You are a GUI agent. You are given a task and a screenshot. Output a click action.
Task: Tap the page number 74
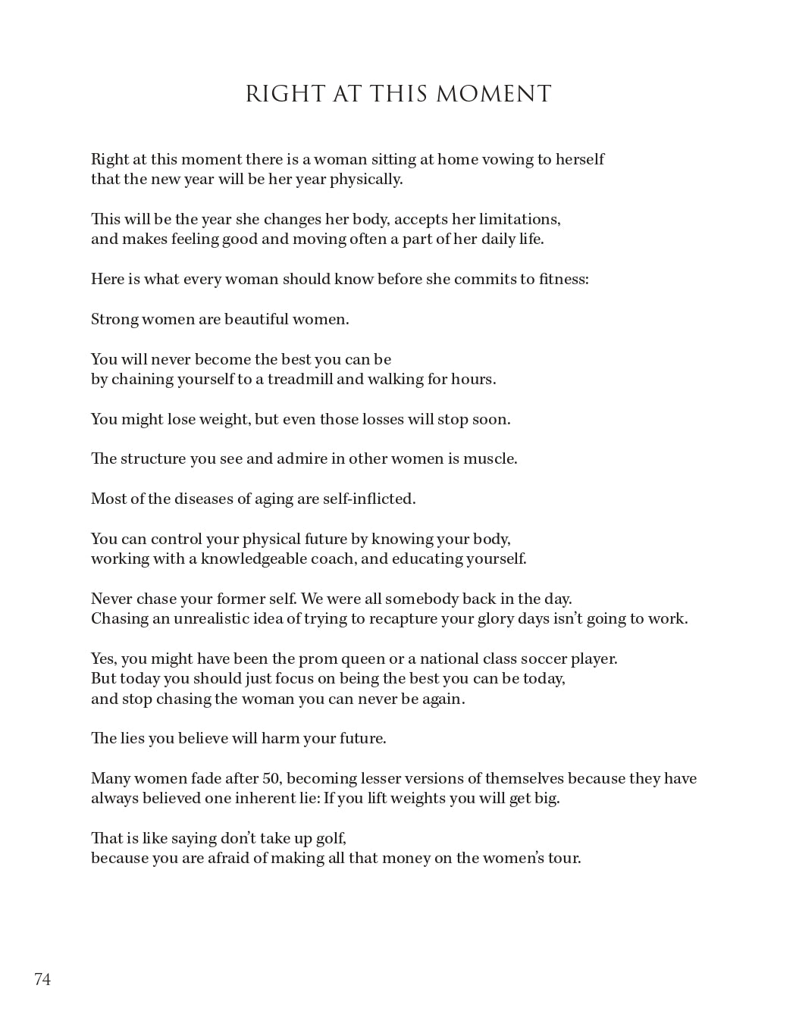tap(42, 979)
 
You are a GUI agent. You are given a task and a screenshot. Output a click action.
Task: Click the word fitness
tap(563, 279)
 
